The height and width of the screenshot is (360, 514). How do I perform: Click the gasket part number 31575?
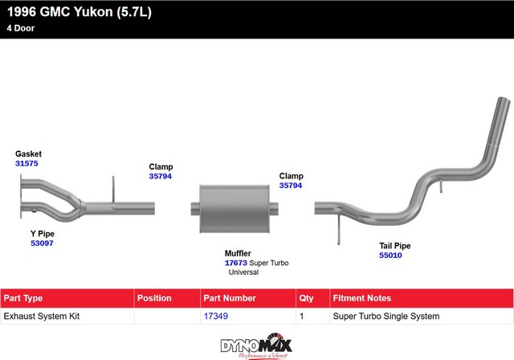pos(27,163)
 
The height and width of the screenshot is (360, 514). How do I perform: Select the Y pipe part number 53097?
pos(42,242)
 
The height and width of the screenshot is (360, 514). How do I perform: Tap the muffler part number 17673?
pos(236,262)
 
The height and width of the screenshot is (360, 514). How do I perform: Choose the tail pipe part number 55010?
pos(390,255)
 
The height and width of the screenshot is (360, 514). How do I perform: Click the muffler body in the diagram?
pos(232,208)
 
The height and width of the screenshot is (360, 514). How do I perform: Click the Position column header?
pos(154,298)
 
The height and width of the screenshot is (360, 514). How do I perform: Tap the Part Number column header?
pos(229,298)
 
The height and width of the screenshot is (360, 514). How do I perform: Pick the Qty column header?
pos(307,298)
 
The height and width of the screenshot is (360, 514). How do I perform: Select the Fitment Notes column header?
pos(361,298)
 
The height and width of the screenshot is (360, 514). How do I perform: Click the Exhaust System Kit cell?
pos(42,317)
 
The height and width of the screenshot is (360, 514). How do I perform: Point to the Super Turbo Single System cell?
pos(385,317)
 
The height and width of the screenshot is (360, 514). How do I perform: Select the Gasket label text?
pos(28,153)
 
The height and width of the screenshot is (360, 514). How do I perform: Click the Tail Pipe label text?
pos(395,245)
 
